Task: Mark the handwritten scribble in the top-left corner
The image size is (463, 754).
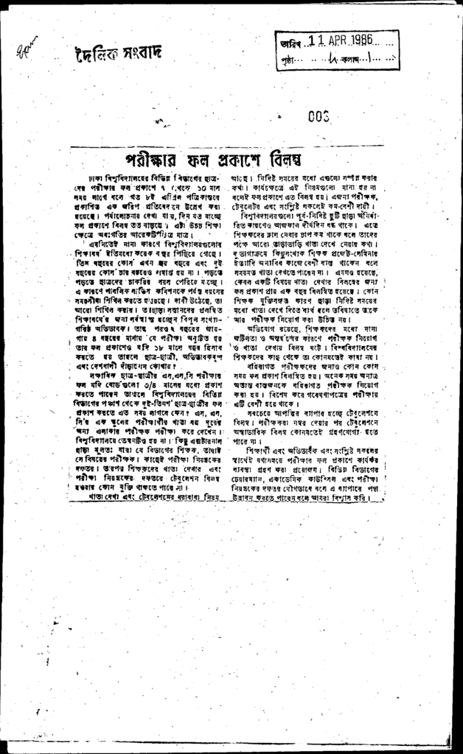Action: pyautogui.click(x=25, y=49)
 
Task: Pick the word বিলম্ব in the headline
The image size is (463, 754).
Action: pyautogui.click(x=282, y=159)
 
